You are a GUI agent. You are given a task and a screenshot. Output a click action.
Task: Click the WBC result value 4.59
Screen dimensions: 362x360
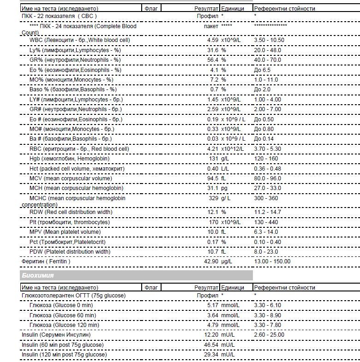(x=212, y=40)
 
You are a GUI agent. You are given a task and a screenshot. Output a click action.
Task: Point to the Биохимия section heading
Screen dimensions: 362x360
(x=38, y=275)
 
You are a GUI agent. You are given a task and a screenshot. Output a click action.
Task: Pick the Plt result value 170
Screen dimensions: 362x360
(x=213, y=222)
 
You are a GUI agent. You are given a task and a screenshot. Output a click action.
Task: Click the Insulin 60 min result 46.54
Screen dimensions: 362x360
(x=211, y=345)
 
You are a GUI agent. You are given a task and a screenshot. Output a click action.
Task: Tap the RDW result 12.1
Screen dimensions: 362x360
(x=213, y=212)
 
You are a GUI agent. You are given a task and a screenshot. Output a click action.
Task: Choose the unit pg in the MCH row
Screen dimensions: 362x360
(x=224, y=188)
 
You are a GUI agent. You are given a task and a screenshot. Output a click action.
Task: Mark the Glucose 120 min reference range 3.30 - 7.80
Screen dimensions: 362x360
(x=267, y=325)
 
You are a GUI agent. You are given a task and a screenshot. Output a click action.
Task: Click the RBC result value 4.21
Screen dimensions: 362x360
(x=212, y=149)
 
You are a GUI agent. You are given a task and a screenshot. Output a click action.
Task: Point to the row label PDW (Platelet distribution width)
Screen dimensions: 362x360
(x=70, y=252)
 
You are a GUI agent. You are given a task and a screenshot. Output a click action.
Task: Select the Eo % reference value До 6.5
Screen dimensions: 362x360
(x=262, y=70)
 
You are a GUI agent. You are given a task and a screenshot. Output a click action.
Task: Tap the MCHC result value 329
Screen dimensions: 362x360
(x=213, y=198)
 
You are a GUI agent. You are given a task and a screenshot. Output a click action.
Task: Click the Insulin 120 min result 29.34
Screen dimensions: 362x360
(x=211, y=355)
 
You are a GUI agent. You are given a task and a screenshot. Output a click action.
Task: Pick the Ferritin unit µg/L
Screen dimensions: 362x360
(x=227, y=261)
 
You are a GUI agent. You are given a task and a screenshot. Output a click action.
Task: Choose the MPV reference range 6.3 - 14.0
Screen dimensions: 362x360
(x=266, y=232)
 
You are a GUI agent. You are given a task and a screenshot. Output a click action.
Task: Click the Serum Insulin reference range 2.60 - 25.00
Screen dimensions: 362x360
(x=269, y=335)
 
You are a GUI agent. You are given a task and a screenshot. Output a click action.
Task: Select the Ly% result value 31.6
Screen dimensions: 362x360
(x=213, y=50)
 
